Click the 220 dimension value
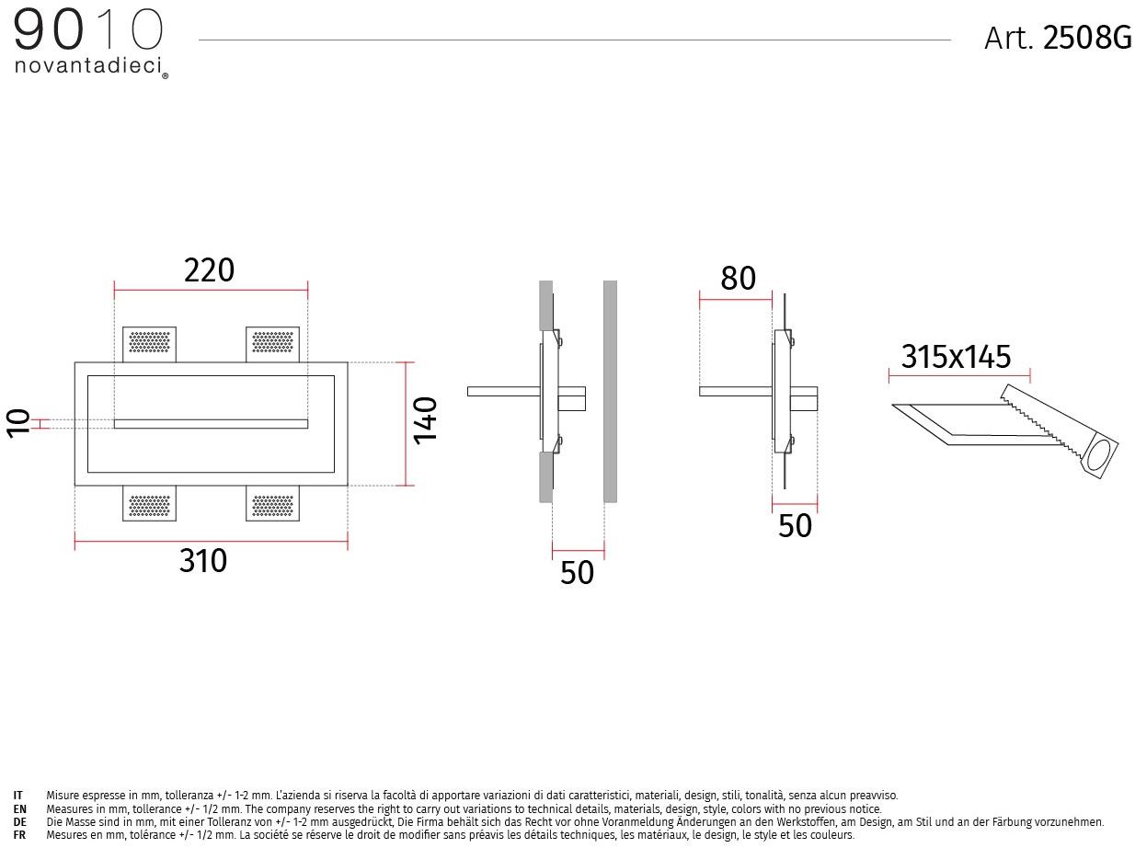(209, 269)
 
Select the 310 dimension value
(203, 560)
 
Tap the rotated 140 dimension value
(425, 421)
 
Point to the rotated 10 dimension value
(18, 423)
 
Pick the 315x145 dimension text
(956, 356)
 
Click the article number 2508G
(1087, 38)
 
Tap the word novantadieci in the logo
(88, 65)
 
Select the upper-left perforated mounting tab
(149, 344)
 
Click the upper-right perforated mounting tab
(272, 344)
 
